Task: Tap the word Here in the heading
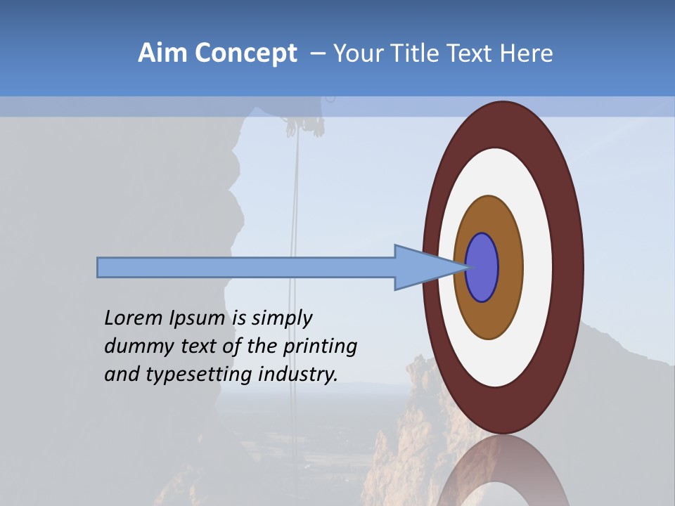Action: tap(527, 53)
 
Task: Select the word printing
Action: tap(320, 346)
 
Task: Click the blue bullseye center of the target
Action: tap(482, 268)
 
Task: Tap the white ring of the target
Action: tap(537, 268)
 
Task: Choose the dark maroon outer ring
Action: tap(568, 268)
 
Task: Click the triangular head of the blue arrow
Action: tap(422, 268)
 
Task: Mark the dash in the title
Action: tap(317, 53)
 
